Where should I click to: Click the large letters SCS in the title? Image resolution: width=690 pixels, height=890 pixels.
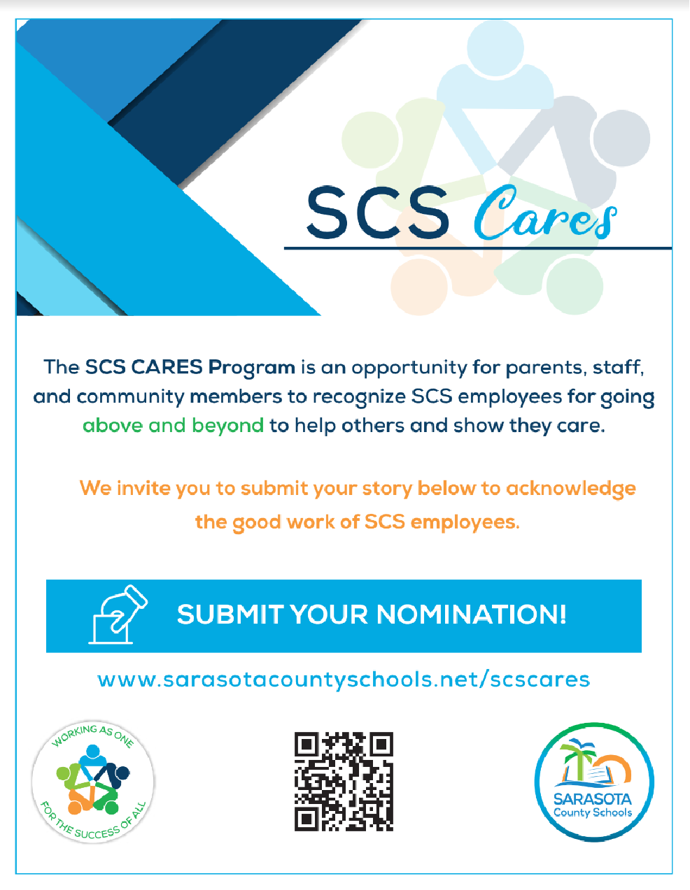(x=378, y=213)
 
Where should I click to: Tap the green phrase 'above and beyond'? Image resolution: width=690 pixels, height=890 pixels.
(x=173, y=426)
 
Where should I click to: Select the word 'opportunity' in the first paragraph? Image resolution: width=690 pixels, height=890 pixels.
(x=409, y=368)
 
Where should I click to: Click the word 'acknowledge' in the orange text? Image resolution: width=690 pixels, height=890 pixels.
(x=571, y=489)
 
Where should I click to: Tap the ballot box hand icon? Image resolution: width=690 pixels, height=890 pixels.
(x=118, y=615)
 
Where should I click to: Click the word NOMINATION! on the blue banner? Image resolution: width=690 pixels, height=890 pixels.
(x=472, y=615)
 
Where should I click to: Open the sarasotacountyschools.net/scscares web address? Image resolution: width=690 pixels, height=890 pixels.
(x=344, y=680)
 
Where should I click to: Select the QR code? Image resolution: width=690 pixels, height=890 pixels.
(x=344, y=781)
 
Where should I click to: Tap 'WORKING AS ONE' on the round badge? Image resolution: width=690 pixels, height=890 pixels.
(x=92, y=736)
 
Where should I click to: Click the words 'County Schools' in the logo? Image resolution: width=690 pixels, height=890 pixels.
(x=593, y=812)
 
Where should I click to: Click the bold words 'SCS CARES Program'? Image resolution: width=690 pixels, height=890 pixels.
(x=190, y=367)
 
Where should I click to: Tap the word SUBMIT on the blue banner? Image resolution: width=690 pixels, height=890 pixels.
(x=230, y=615)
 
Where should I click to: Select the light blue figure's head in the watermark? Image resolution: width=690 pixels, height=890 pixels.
(x=495, y=48)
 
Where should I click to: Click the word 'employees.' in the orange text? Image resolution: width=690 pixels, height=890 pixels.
(x=465, y=523)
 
